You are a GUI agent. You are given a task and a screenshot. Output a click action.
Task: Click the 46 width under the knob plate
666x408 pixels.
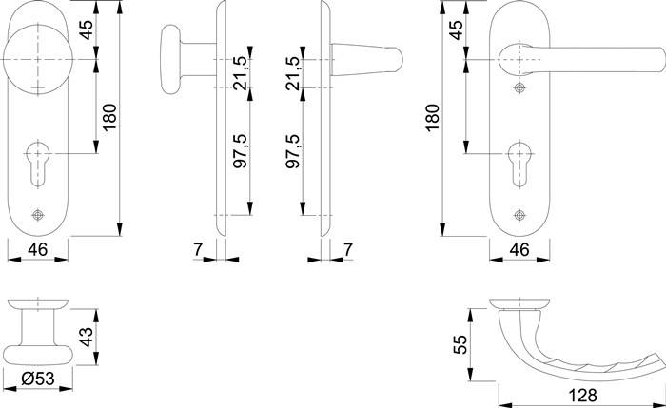tap(37, 251)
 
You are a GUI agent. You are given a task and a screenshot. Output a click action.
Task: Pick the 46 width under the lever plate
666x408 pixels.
tap(520, 251)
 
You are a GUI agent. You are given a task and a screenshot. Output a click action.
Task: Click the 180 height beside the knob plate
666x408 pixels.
tap(111, 119)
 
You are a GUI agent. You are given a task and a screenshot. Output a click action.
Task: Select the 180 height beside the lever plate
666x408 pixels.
tap(433, 119)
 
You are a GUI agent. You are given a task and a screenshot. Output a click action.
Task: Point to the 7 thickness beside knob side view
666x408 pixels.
tap(197, 251)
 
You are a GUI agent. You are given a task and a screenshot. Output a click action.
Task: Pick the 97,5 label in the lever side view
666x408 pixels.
tap(293, 151)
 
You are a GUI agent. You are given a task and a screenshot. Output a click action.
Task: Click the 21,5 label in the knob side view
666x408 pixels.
tap(241, 72)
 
